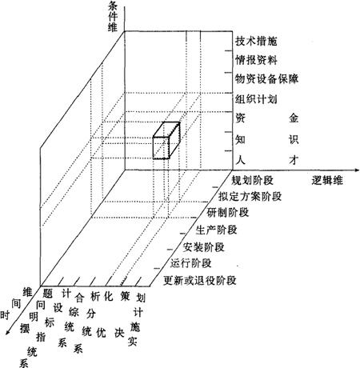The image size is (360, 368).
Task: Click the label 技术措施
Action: coord(256,42)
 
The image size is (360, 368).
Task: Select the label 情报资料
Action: coord(256,60)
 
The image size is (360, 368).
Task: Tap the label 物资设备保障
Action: coord(266,79)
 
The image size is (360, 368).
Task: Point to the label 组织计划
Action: coord(256,99)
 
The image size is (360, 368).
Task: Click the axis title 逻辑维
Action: coord(327,181)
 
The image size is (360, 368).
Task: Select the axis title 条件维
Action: coord(113,17)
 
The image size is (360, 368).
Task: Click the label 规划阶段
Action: coord(252,181)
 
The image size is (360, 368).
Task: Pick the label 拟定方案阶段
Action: coord(250,197)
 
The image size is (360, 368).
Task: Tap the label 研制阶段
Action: coord(228,213)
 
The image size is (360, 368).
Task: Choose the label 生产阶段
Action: coord(216,230)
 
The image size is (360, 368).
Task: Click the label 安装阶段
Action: coord(203,247)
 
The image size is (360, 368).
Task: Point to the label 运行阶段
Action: coord(191,263)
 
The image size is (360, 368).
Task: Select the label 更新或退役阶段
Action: coord(200,281)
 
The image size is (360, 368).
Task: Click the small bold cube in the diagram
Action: coord(166,141)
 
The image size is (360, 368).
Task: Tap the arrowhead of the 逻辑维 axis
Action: coord(357,170)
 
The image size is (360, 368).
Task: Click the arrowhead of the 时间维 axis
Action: coord(8,331)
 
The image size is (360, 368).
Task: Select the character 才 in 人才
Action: coord(294,160)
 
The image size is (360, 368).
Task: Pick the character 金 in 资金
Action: coord(294,118)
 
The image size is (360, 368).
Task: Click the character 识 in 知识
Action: coord(294,139)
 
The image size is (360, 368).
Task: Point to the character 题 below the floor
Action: coord(48,294)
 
